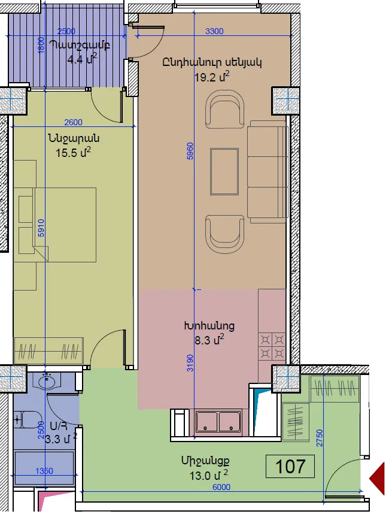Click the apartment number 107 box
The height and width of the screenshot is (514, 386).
(x=290, y=466)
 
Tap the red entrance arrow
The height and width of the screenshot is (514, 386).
(x=377, y=478)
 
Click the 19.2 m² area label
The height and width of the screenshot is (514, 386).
(x=212, y=77)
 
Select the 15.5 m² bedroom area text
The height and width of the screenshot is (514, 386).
(x=73, y=152)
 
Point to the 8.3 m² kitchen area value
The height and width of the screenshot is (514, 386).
(x=209, y=340)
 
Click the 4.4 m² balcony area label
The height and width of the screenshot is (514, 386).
(x=82, y=60)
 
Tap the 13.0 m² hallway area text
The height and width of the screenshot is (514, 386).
(x=209, y=475)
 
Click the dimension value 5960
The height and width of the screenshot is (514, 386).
(x=190, y=151)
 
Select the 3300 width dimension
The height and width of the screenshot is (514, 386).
(x=214, y=31)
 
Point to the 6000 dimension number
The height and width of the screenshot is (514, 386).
(x=221, y=487)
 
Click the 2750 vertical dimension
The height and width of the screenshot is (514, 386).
(x=320, y=438)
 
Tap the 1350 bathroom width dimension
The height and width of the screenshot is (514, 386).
(x=44, y=471)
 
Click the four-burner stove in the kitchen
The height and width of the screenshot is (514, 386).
(x=272, y=346)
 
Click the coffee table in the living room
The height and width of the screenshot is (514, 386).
(x=224, y=172)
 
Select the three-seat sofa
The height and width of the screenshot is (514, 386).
(x=266, y=172)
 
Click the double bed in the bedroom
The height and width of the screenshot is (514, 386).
(x=65, y=225)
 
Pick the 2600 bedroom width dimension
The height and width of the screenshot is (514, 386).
(x=74, y=122)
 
